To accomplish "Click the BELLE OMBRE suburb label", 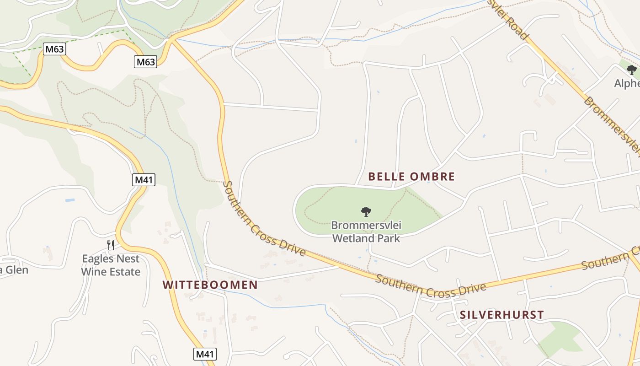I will pyautogui.click(x=411, y=177).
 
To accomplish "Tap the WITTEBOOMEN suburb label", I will pyautogui.click(x=210, y=285).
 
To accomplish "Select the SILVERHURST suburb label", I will pyautogui.click(x=502, y=315).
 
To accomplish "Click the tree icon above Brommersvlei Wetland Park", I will pyautogui.click(x=366, y=211).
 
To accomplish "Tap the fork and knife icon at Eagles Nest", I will pyautogui.click(x=111, y=245).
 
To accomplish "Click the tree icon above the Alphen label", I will pyautogui.click(x=632, y=70).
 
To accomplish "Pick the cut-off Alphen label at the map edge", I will pyautogui.click(x=627, y=84).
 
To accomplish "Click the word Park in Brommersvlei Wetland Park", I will pyautogui.click(x=388, y=238).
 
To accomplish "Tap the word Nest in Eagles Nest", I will pyautogui.click(x=128, y=258).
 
